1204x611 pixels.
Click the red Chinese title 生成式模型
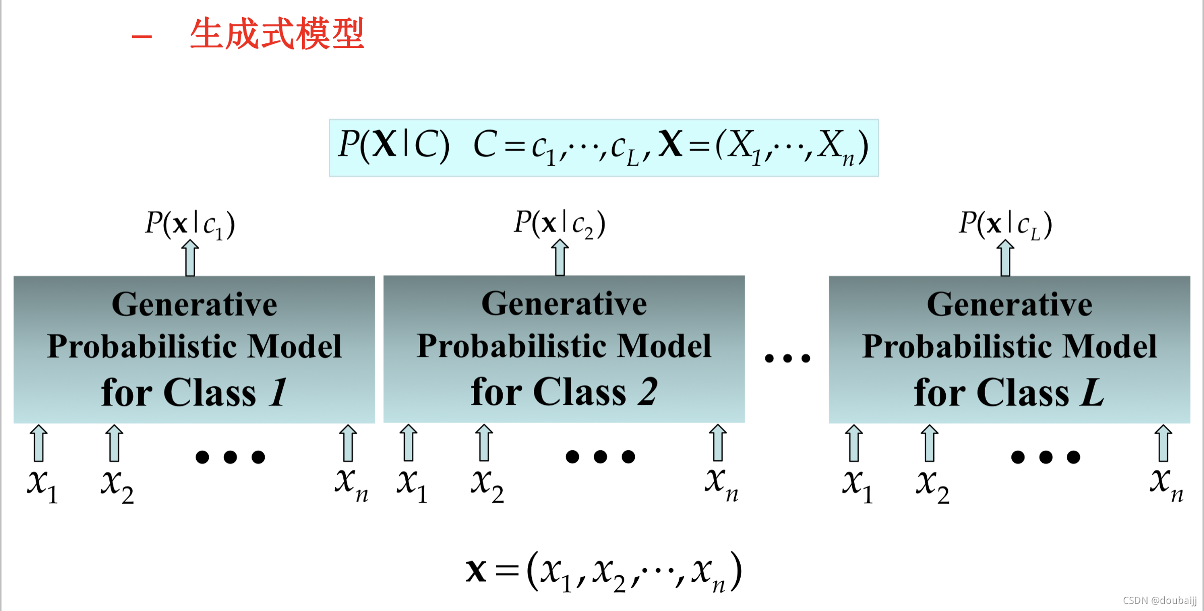[x=276, y=34]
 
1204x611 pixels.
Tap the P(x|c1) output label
[x=190, y=224]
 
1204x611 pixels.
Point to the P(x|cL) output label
[x=1005, y=224]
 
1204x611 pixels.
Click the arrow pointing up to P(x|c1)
[x=190, y=258]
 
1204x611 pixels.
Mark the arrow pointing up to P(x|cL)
[x=1005, y=258]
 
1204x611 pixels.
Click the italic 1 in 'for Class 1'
[x=278, y=392]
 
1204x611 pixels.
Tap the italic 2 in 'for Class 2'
[x=647, y=392]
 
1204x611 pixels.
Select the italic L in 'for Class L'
[x=1092, y=392]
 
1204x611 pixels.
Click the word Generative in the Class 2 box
[x=564, y=304]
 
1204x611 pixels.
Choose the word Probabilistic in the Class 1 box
[x=143, y=347]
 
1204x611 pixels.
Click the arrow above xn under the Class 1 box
[x=348, y=443]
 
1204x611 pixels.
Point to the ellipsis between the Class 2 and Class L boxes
[x=787, y=358]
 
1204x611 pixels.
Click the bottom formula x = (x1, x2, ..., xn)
[x=604, y=572]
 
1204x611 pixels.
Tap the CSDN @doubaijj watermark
[x=1159, y=600]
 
